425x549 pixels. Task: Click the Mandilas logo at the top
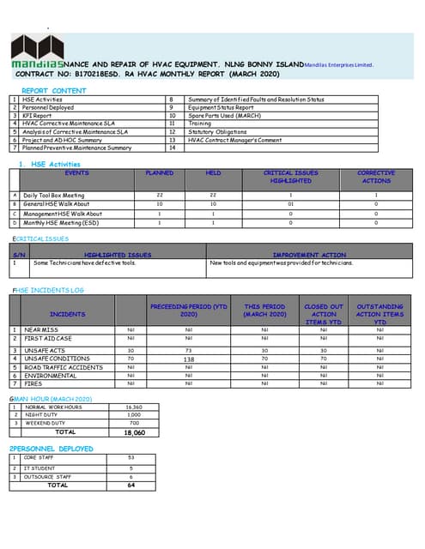tap(39, 51)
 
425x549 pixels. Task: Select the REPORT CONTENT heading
tap(53, 90)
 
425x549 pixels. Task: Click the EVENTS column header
tap(76, 172)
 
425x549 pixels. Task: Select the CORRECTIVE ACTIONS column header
tap(376, 177)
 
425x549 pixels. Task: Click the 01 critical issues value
tap(291, 204)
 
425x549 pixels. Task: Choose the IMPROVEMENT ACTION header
tap(309, 255)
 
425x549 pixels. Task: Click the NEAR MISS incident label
tap(41, 329)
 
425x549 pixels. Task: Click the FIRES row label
tap(34, 383)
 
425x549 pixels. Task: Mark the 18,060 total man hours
tap(134, 432)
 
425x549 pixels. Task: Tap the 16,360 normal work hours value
tap(134, 407)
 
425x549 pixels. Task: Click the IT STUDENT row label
tap(39, 468)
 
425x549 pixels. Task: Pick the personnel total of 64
tap(131, 486)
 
